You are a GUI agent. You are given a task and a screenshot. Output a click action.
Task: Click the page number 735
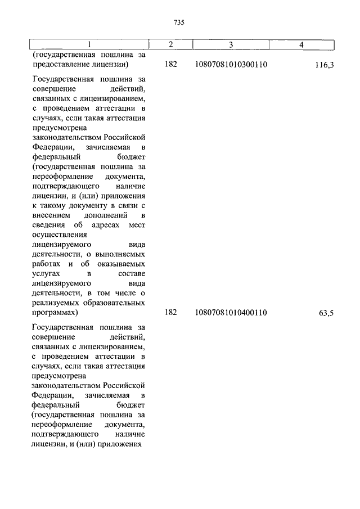tap(179, 23)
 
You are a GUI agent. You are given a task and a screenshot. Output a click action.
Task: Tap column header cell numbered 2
tap(170, 44)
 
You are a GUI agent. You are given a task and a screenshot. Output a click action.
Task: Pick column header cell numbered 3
tap(231, 44)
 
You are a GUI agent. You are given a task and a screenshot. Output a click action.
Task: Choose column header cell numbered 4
tap(301, 44)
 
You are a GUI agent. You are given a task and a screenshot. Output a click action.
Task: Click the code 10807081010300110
tap(231, 65)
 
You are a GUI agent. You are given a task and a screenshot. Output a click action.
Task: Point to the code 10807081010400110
tap(231, 313)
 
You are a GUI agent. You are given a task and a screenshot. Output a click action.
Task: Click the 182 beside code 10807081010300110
tap(171, 65)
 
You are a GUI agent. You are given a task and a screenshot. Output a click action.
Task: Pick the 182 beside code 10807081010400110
tap(171, 313)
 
